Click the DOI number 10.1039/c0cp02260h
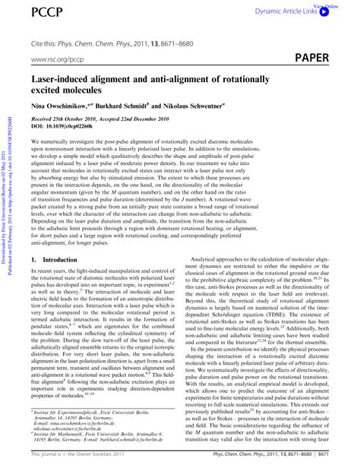click(86, 133)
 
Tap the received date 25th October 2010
click(87, 125)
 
